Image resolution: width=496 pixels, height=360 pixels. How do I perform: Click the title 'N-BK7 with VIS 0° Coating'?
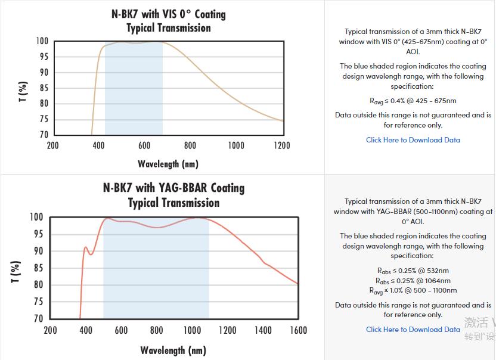pos(169,13)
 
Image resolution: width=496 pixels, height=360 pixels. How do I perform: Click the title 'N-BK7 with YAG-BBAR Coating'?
pos(173,188)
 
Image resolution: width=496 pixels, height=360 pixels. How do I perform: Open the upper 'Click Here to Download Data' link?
pos(413,140)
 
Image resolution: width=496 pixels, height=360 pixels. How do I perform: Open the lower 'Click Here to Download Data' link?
pos(413,330)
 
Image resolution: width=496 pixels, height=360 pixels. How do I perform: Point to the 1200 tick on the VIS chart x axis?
pos(281,145)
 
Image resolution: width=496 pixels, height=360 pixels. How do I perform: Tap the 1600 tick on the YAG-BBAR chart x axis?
pos(298,330)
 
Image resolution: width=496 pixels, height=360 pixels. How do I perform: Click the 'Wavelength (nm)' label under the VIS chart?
pos(168,163)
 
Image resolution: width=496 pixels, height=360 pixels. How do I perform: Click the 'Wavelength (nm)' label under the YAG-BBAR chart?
pos(173,350)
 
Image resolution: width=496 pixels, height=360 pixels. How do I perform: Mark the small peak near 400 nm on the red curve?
pos(86,247)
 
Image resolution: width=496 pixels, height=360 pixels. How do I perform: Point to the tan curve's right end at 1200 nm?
pos(282,121)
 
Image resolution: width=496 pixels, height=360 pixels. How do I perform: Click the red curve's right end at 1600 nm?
pos(297,284)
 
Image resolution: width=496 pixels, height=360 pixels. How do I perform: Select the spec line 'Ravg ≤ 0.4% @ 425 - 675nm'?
pos(413,101)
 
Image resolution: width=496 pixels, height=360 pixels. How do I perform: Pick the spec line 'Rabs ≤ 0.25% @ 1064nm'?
pos(413,281)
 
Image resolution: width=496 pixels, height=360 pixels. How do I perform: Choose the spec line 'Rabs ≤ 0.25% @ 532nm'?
pos(413,271)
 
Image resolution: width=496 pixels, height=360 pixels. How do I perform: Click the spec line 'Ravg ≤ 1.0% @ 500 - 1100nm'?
pos(413,291)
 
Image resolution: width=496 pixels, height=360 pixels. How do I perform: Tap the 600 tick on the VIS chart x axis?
pos(144,145)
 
